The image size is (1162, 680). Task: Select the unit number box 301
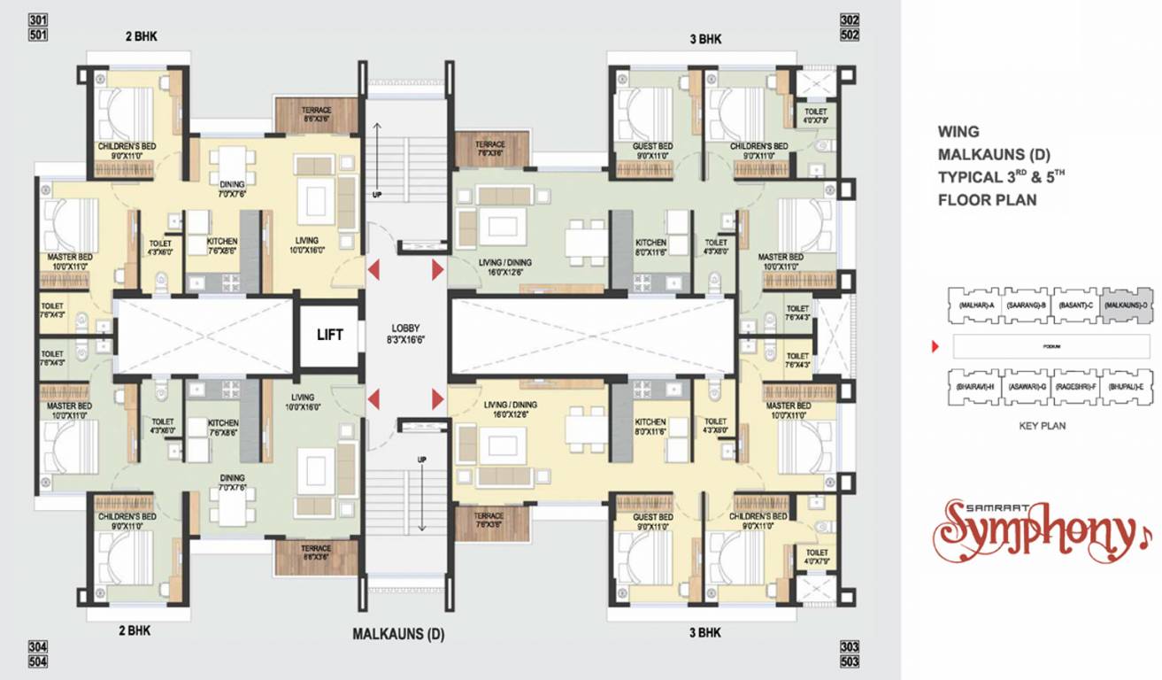pyautogui.click(x=38, y=20)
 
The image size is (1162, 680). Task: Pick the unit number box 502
pyautogui.click(x=850, y=35)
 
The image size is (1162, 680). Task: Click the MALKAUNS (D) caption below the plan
pyautogui.click(x=398, y=634)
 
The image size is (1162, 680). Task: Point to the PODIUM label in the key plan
pyautogui.click(x=1051, y=347)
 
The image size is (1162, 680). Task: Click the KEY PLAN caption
pyautogui.click(x=1043, y=426)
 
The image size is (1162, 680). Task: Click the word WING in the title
pyautogui.click(x=958, y=132)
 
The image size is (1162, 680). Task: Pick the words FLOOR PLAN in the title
pyautogui.click(x=987, y=200)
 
